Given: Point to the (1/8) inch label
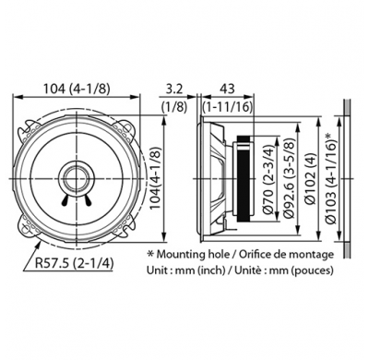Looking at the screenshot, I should pos(174,107).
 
